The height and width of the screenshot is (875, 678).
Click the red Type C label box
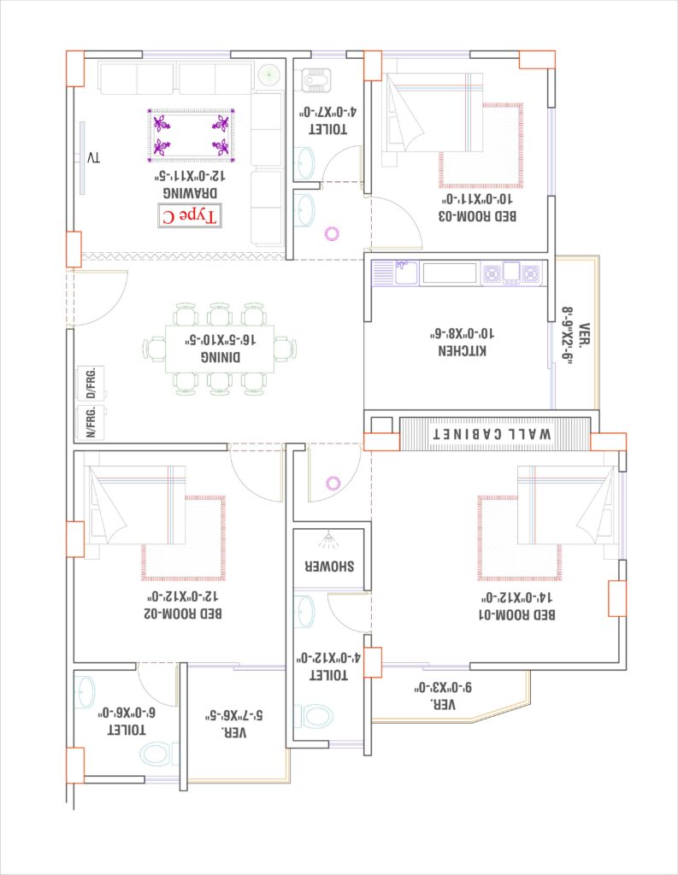click(x=189, y=216)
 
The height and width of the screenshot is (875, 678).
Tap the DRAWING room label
click(x=190, y=192)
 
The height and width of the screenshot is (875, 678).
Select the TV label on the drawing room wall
click(x=94, y=157)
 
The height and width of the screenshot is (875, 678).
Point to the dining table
click(x=220, y=349)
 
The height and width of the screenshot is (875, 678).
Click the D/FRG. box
click(x=91, y=383)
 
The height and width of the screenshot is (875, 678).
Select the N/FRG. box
click(x=91, y=422)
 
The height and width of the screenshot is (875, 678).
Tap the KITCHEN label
click(x=462, y=350)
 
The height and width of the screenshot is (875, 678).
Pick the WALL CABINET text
click(x=492, y=433)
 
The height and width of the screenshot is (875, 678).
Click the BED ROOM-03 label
click(x=477, y=216)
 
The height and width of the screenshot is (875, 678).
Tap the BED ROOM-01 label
click(x=517, y=615)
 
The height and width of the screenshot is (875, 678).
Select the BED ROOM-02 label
click(x=183, y=614)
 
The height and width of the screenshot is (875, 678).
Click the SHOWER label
click(x=329, y=567)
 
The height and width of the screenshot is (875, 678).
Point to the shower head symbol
click(x=327, y=540)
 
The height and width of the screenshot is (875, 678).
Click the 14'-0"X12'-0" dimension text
click(x=516, y=597)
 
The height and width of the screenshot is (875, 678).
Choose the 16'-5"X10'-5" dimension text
click(x=221, y=339)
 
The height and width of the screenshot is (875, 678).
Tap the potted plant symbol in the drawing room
click(x=268, y=75)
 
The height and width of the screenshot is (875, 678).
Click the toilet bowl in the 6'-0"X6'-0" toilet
click(x=156, y=755)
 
